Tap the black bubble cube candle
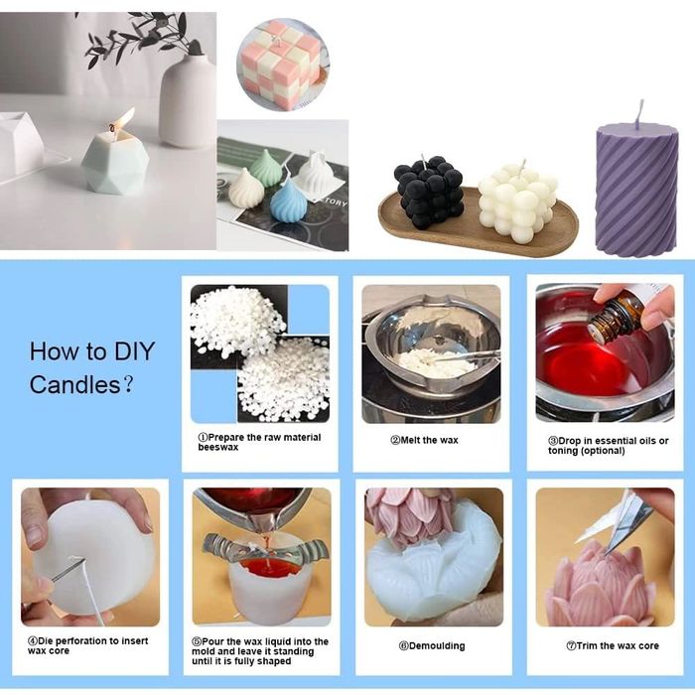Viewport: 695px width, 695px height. [429, 192]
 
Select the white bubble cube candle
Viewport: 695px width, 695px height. [517, 203]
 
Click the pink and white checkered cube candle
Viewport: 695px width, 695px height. [282, 64]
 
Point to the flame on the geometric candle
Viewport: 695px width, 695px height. [123, 119]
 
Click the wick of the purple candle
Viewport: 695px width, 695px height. [639, 114]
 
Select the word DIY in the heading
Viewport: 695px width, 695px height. [134, 351]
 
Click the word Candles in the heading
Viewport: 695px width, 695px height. [74, 384]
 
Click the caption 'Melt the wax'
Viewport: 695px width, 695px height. [424, 440]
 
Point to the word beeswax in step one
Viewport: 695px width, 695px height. [218, 447]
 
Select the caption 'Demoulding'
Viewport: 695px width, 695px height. [432, 645]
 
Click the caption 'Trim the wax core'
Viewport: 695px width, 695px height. [613, 645]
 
